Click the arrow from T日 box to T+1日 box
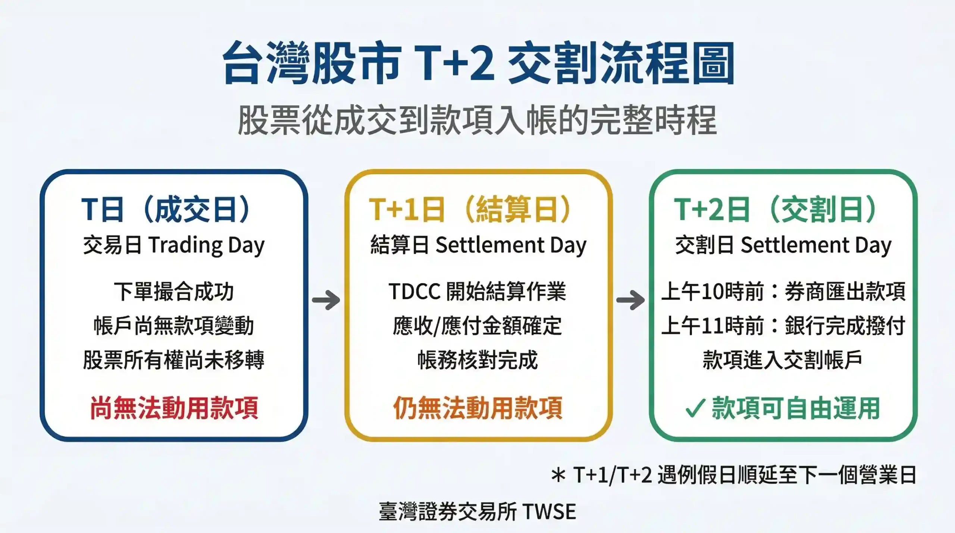pos(326,300)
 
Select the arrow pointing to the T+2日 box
pos(630,300)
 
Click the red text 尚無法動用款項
pos(174,408)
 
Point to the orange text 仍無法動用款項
pos(477,408)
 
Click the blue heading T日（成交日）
pos(166,210)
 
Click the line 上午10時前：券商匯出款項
pos(783,291)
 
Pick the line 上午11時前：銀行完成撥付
pos(783,326)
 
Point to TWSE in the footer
pos(549,511)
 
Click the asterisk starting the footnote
pos(558,476)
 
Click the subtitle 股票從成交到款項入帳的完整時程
pos(477,120)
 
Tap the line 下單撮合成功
pos(174,291)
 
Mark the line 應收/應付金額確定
pos(477,326)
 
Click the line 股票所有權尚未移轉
pos(174,360)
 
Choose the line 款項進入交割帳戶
pos(782,360)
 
